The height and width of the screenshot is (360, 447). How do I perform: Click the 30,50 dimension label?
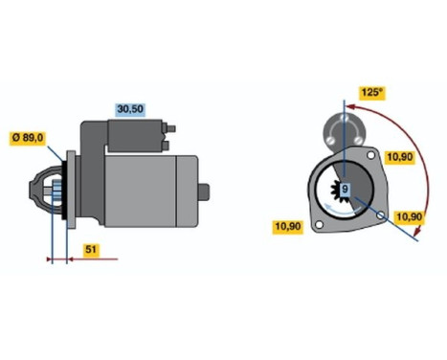click(x=129, y=110)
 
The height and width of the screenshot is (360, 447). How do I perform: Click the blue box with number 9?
click(x=346, y=189)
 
